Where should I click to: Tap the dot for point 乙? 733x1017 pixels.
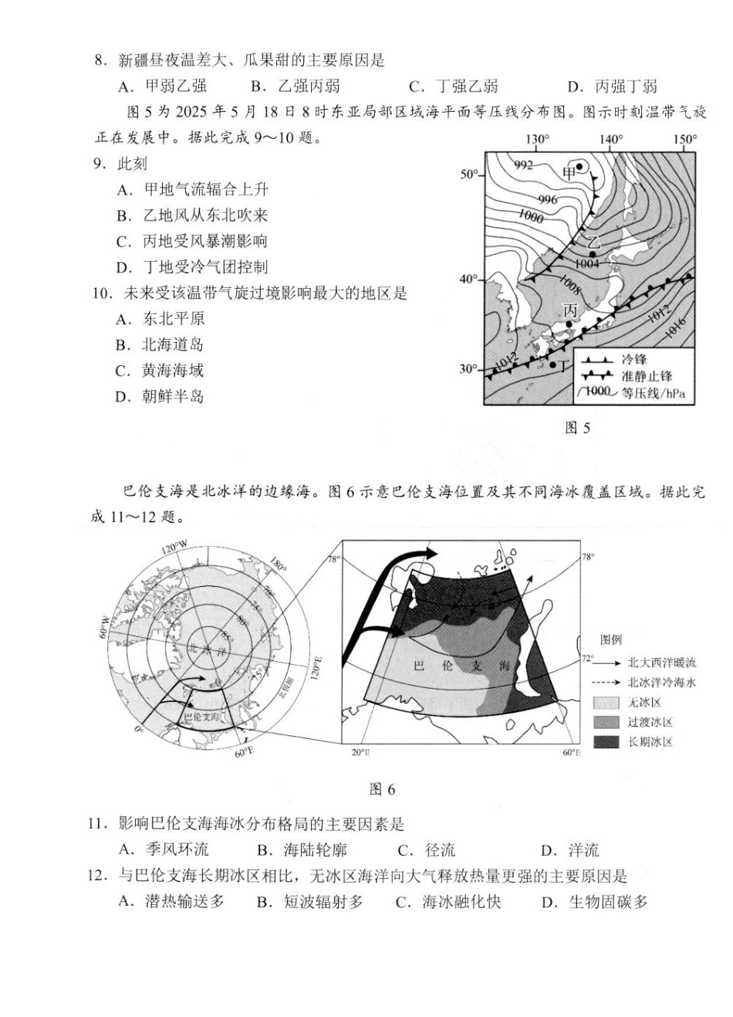click(x=593, y=254)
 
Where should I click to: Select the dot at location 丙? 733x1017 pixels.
click(x=569, y=324)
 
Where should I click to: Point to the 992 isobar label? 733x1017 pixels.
click(x=524, y=165)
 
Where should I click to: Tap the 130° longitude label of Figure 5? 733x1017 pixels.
click(x=537, y=140)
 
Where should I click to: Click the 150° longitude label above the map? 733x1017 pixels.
click(x=684, y=140)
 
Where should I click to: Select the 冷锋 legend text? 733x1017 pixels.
click(x=633, y=359)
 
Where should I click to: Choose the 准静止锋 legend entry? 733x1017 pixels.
click(x=647, y=376)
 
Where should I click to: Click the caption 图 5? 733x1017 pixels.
click(x=577, y=428)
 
